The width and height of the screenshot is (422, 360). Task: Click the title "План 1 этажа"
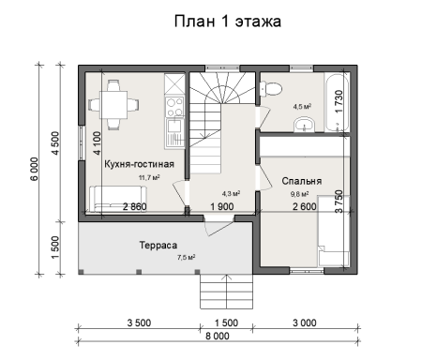click(228, 20)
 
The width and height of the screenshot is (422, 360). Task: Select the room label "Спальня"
click(302, 179)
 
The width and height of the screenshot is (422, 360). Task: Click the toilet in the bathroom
click(271, 89)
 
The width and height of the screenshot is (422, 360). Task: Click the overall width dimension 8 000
click(218, 335)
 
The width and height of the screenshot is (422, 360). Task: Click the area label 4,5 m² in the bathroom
click(302, 107)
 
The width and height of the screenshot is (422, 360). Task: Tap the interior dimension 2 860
click(135, 207)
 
